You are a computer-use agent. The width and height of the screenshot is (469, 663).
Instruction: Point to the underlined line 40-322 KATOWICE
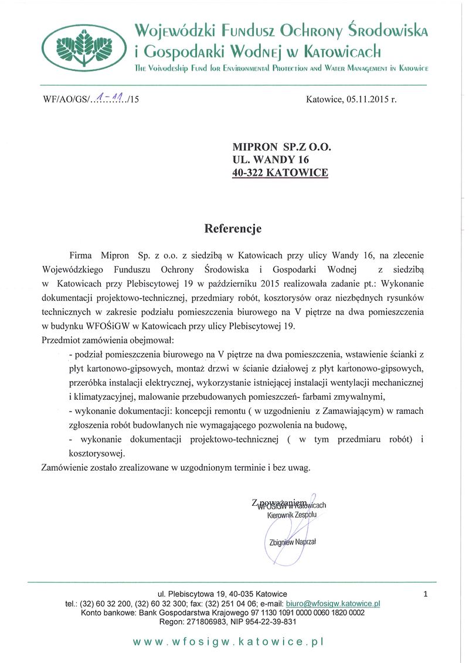click(281, 172)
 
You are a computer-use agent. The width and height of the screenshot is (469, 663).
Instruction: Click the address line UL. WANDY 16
click(270, 159)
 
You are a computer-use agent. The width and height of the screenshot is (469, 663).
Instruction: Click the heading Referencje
click(233, 229)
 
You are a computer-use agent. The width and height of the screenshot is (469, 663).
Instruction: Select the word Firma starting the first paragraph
click(81, 256)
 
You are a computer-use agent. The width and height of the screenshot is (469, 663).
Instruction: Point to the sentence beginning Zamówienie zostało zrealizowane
click(176, 467)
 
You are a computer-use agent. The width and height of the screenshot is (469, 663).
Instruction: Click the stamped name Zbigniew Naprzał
click(293, 542)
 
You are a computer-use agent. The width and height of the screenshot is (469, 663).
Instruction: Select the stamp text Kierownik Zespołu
click(292, 515)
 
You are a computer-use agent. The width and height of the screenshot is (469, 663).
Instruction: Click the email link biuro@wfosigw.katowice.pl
click(332, 603)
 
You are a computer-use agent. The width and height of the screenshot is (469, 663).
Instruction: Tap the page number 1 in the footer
click(425, 594)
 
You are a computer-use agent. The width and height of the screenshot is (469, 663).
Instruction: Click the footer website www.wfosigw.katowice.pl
click(229, 642)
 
